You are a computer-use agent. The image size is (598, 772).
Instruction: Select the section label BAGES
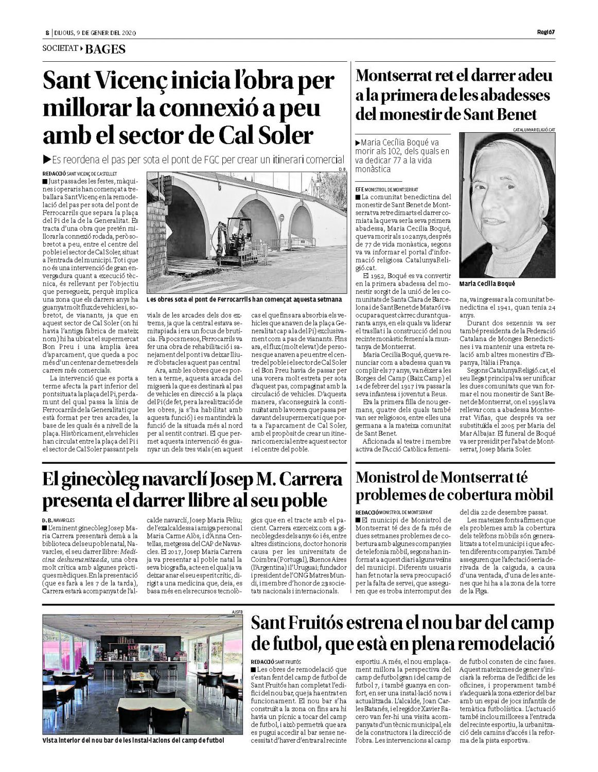click(105, 49)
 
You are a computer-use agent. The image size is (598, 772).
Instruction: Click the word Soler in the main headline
click(286, 135)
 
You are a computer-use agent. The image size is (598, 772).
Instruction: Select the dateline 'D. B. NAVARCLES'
click(59, 520)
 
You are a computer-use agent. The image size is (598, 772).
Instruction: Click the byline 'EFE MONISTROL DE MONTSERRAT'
click(386, 189)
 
